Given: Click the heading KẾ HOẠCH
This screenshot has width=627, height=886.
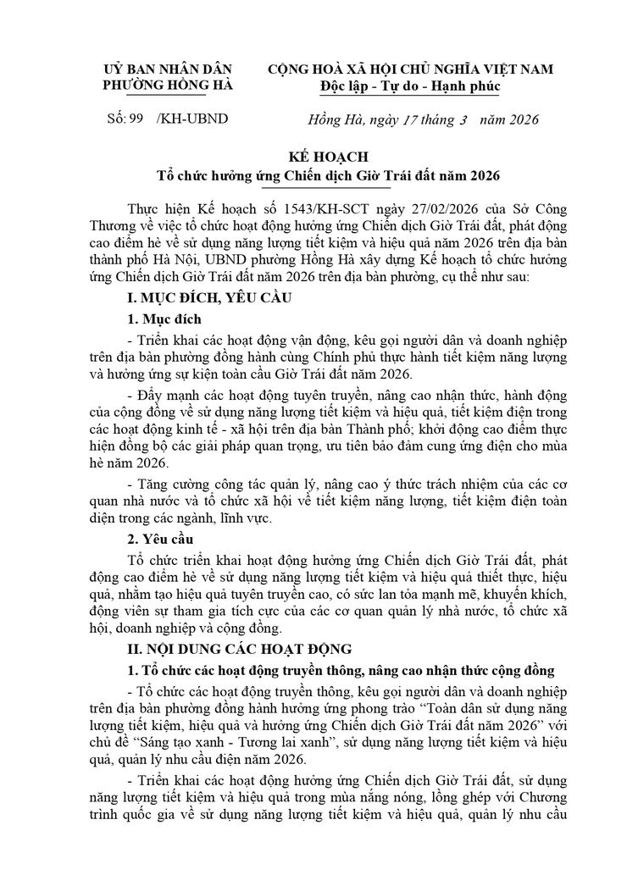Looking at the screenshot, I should click(x=313, y=158).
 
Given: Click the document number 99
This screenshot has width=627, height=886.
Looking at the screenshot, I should click(x=135, y=119).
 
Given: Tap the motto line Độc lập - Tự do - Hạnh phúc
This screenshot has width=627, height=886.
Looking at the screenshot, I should click(x=410, y=86).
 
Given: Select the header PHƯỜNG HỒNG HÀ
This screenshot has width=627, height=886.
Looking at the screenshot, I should click(x=167, y=86).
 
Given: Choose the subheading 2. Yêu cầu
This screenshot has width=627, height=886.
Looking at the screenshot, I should click(x=160, y=539).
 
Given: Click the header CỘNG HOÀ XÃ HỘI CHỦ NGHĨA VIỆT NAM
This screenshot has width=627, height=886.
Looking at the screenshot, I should click(x=410, y=69).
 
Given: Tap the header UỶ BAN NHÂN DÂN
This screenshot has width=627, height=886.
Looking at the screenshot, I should click(x=167, y=69).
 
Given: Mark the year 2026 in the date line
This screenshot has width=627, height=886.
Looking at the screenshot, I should click(x=519, y=119).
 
